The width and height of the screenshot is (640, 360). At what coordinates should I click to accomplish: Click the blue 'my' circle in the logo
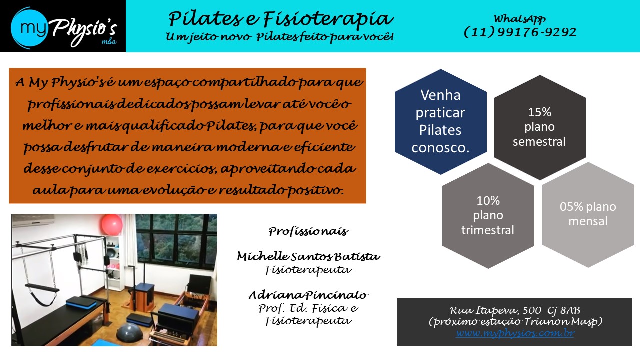click(29, 27)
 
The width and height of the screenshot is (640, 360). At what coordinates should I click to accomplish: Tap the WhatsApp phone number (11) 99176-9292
click(520, 32)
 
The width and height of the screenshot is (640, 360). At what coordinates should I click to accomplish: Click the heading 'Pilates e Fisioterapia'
click(281, 19)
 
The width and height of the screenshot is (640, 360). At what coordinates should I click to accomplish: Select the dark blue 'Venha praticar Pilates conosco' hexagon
click(441, 121)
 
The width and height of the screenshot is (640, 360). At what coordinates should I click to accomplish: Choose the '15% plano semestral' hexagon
click(540, 127)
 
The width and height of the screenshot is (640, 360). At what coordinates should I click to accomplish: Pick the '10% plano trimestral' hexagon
click(488, 215)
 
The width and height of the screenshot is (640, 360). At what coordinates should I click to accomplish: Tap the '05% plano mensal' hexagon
click(588, 215)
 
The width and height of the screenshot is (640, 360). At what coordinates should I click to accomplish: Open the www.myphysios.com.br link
click(515, 333)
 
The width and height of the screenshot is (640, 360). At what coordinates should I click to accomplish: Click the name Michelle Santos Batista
click(308, 256)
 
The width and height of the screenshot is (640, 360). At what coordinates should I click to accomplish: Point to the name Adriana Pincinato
click(308, 295)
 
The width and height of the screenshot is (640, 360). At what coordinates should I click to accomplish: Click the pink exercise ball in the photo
click(112, 225)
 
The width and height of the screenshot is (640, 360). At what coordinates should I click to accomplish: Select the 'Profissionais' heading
click(308, 231)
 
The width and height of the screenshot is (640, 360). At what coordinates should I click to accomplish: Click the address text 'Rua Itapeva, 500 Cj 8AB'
click(515, 310)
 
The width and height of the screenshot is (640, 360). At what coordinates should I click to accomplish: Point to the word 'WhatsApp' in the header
click(520, 19)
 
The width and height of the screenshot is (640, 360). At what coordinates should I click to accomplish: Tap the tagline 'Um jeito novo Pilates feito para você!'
click(280, 37)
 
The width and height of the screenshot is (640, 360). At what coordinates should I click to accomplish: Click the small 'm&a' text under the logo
click(109, 42)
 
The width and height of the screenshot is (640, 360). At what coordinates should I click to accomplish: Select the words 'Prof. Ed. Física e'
click(308, 308)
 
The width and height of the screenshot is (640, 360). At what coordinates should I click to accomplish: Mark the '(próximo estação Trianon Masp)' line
click(515, 322)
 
